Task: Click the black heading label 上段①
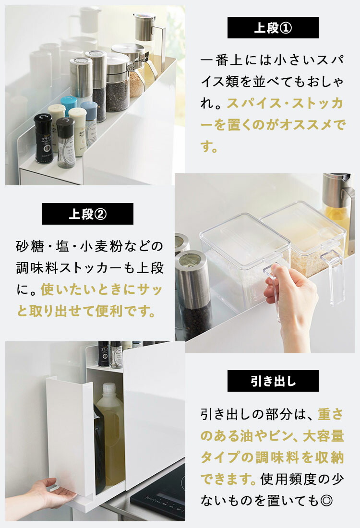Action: (273, 28)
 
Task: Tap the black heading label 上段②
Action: (87, 214)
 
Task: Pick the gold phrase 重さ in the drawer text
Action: (331, 413)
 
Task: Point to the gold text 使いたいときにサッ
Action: (102, 290)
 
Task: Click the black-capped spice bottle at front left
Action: (43, 138)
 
